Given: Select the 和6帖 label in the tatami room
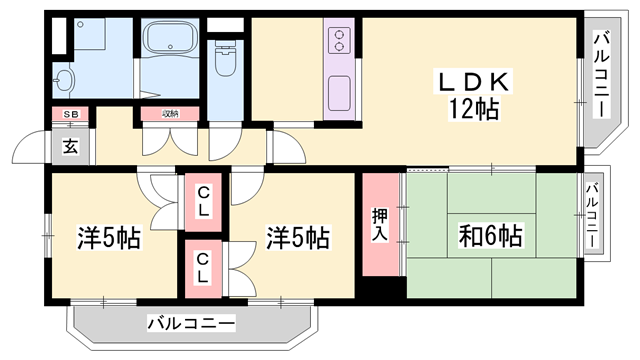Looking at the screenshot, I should click(490, 237).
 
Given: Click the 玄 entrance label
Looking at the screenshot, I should click(71, 147).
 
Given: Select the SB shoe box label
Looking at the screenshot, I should click(70, 115).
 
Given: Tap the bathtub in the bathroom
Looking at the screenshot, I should click(173, 42).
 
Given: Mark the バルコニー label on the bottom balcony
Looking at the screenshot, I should click(191, 323).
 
